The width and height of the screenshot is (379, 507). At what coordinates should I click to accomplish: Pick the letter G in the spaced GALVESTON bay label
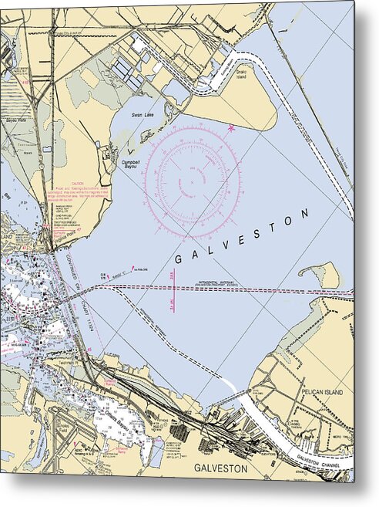[x=179, y=259]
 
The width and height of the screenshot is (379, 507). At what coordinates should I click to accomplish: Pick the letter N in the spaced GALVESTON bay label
[x=310, y=212]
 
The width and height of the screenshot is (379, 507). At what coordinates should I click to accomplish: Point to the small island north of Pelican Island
[x=321, y=272]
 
